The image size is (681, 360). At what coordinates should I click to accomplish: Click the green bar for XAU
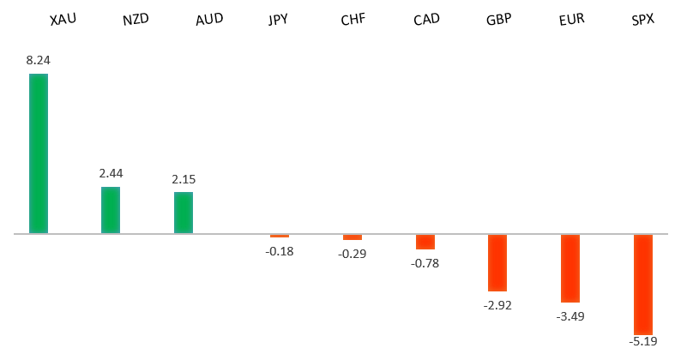tap(39, 153)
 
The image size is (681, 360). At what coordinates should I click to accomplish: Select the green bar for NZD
tap(111, 210)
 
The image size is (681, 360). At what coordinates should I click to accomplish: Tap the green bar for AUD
tap(184, 213)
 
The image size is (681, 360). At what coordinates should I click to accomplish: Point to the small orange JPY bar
tap(280, 236)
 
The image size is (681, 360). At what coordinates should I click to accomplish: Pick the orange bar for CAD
tap(425, 242)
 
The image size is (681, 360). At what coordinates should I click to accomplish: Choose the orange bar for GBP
tap(497, 262)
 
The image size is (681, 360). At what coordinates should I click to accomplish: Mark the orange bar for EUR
tap(570, 268)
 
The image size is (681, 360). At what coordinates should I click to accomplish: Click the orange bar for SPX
tap(643, 284)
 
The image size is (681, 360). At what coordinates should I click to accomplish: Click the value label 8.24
tap(39, 60)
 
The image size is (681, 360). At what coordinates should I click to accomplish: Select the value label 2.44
tap(111, 173)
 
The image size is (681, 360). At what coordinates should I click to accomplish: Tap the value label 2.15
tap(184, 179)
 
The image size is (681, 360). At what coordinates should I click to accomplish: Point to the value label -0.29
tap(353, 254)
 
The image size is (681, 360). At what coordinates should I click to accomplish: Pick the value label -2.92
tap(497, 305)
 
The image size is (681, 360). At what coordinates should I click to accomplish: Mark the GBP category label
tap(498, 18)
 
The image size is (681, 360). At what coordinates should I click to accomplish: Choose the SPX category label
tap(642, 18)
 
